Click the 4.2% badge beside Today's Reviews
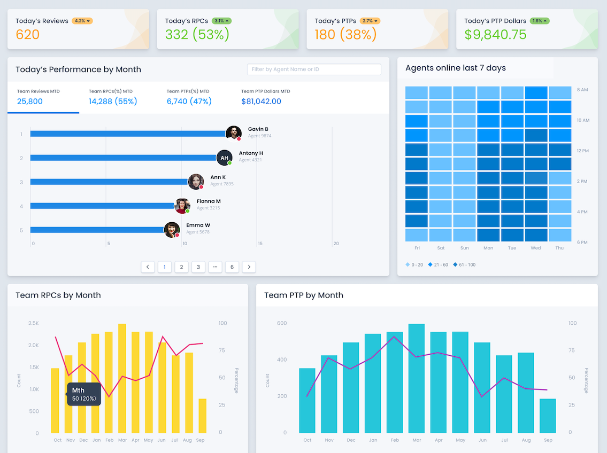point(82,21)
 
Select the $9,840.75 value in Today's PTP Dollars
point(495,35)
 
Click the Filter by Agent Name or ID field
point(314,69)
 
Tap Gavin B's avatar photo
point(233,133)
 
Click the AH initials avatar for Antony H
point(224,158)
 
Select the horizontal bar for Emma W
point(97,230)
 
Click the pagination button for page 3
point(198,267)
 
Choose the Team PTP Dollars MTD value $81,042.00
point(261,101)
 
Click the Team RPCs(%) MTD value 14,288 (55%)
point(113,101)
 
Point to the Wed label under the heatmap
point(535,248)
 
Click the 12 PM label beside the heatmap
point(582,151)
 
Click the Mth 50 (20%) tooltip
point(84,394)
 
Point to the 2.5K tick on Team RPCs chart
point(33,323)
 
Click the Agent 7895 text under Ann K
point(221,184)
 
